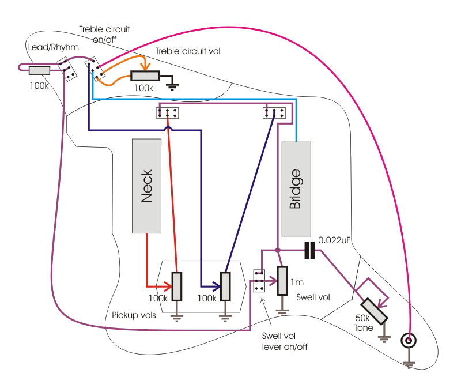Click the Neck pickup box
point(146,186)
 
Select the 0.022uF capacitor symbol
point(310,250)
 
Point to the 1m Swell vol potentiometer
point(282,280)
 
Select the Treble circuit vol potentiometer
point(145,76)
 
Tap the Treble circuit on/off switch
point(96,69)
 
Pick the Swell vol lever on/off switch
point(259,280)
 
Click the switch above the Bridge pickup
point(274,112)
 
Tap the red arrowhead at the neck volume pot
point(168,286)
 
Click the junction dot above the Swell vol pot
point(278,250)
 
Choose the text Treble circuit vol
point(188,51)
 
